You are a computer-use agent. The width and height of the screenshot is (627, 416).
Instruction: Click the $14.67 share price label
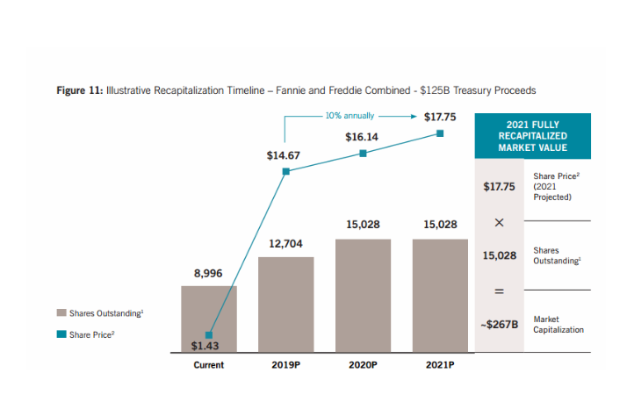[x=284, y=155]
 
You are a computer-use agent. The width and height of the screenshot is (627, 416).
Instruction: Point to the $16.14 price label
[x=362, y=137]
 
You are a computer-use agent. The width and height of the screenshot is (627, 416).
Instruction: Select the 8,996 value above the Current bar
[x=208, y=274]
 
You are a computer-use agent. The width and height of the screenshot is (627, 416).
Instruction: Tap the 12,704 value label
[x=285, y=243]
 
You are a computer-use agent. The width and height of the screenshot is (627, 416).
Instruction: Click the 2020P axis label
[x=362, y=365]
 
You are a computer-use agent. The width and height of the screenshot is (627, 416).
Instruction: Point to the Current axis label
[x=208, y=365]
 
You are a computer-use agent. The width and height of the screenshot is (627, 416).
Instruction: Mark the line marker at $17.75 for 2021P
[x=440, y=133]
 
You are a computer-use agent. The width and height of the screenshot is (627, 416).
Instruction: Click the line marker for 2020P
[x=363, y=153]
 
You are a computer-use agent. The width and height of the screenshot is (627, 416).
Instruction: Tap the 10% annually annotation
[x=350, y=115]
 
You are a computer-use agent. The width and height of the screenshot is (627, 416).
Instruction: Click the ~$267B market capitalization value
[x=500, y=324]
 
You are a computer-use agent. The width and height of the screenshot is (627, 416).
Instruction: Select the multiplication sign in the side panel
[x=499, y=223]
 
